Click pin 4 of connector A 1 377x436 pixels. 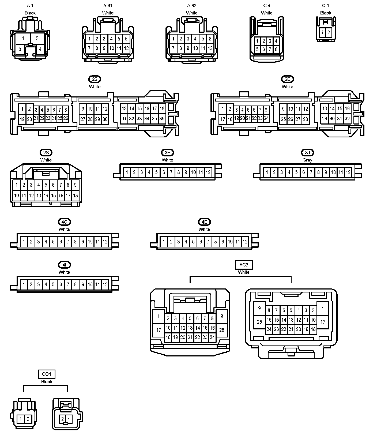(x=40, y=49)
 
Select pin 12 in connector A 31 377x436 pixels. (x=126, y=48)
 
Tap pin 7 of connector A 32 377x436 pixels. (x=173, y=48)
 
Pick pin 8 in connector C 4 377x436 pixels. (x=276, y=49)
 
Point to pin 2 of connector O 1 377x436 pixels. (x=329, y=33)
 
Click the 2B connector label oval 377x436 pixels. (x=95, y=79)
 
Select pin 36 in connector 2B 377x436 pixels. (x=162, y=118)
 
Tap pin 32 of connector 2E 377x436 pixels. (x=347, y=118)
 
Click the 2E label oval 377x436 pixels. (x=287, y=79)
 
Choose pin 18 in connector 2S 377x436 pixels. (x=76, y=196)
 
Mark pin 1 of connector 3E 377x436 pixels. (x=127, y=172)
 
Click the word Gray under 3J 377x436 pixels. (x=307, y=160)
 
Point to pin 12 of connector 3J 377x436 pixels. (x=348, y=172)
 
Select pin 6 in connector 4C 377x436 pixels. (x=61, y=242)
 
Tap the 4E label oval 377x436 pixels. (x=204, y=222)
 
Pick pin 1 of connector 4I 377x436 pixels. (x=24, y=284)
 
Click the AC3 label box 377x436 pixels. (x=244, y=265)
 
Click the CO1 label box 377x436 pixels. (x=47, y=374)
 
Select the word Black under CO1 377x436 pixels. (x=47, y=381)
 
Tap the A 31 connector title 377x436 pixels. (x=108, y=6)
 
